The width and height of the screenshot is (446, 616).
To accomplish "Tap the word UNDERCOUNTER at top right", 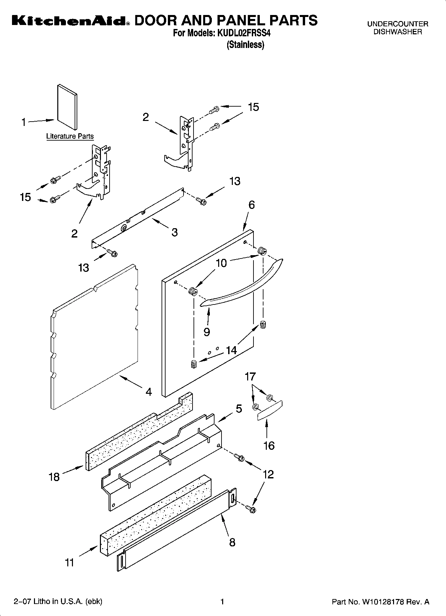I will coord(397,24).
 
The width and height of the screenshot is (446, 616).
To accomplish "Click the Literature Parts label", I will coord(70,136).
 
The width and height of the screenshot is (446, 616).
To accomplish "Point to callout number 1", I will coord(24,122).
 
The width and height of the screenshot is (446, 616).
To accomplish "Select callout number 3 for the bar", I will coord(175,232).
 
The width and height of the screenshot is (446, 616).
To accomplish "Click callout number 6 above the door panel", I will coord(251,205).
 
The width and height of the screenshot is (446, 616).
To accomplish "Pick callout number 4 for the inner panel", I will coord(149,392).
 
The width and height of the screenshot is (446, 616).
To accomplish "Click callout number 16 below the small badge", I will coord(269,445).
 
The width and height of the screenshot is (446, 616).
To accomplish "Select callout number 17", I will coord(250,377).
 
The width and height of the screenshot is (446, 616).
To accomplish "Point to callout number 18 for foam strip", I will coord(54,477).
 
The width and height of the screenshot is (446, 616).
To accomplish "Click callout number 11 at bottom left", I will coord(69,563).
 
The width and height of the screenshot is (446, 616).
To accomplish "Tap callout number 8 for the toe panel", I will coord(232,542).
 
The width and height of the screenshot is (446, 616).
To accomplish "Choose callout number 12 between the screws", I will coord(268,474).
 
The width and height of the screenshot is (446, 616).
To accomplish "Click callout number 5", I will coord(239,408).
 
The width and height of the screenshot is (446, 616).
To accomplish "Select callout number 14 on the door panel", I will coord(231,350).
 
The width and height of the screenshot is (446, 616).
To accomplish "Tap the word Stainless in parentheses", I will coord(245,45).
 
